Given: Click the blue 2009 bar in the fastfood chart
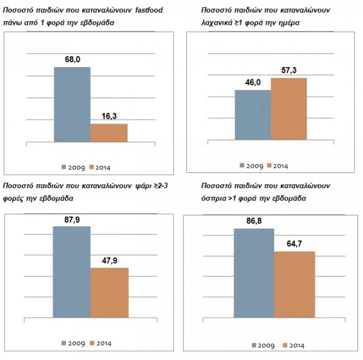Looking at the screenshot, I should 72,104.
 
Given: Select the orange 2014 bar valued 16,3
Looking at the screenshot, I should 109,133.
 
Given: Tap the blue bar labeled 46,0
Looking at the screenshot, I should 252,119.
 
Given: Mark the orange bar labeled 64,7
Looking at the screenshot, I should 294,284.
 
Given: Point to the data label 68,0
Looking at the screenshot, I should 72,59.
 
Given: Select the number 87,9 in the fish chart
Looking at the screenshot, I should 72,220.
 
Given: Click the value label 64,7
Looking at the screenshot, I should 294,244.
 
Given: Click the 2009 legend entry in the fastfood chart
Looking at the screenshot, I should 73,166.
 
